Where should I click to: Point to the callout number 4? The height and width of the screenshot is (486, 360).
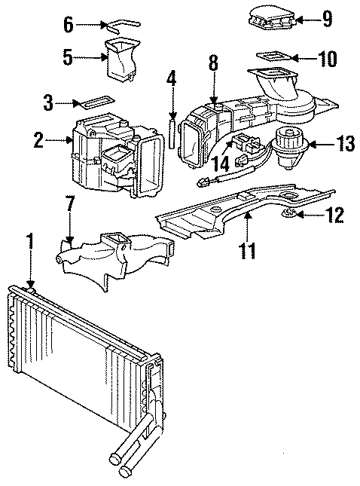[x=172, y=78]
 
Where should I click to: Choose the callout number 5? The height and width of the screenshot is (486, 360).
[x=68, y=57]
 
